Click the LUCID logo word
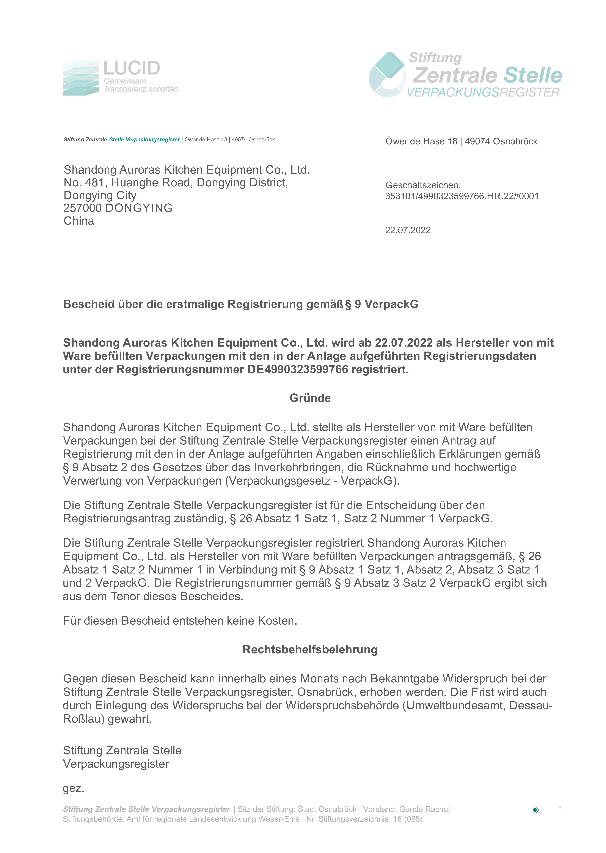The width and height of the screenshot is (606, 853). (x=132, y=68)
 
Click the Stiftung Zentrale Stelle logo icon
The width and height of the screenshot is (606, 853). (x=387, y=75)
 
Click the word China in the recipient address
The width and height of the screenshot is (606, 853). (x=79, y=221)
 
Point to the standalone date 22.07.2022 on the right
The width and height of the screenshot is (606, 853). (x=408, y=230)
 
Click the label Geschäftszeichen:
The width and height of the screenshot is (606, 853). (x=423, y=185)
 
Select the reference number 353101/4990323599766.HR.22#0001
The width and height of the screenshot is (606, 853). (x=462, y=196)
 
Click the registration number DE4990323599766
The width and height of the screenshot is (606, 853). (x=298, y=369)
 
